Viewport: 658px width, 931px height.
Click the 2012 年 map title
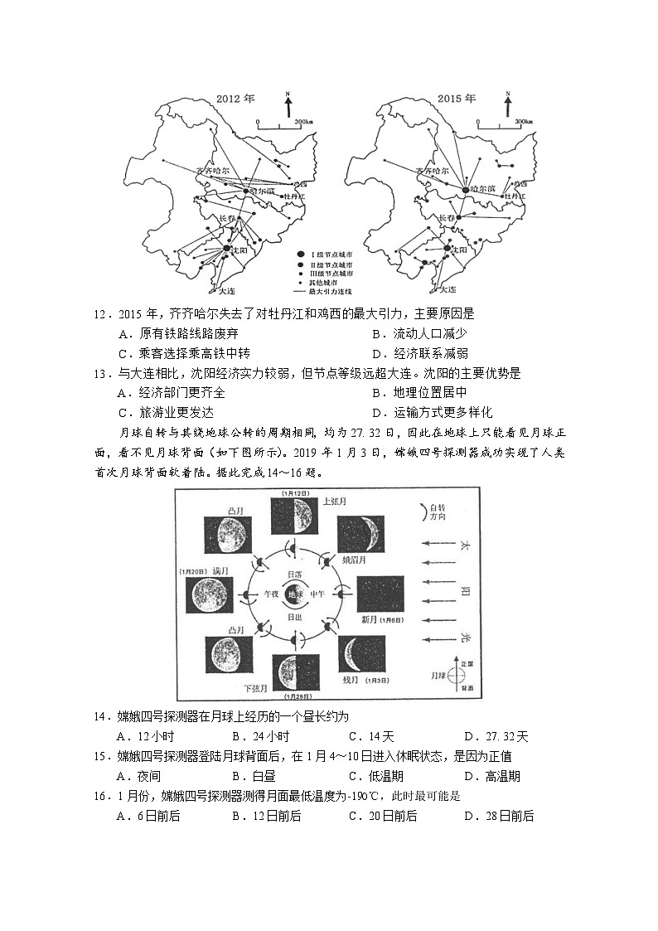click(235, 99)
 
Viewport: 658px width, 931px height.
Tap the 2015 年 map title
click(458, 99)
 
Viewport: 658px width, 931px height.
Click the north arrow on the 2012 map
click(288, 105)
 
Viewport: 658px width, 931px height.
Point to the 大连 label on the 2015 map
click(448, 289)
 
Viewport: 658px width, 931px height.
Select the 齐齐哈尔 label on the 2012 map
click(212, 172)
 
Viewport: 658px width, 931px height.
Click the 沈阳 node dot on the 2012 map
click(226, 248)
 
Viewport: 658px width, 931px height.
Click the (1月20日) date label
click(192, 571)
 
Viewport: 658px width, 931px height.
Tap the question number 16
click(102, 796)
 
